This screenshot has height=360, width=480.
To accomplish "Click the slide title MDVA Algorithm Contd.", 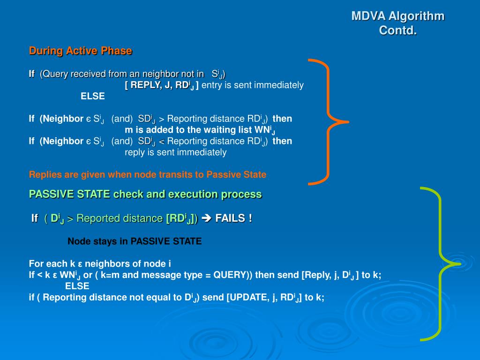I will [397, 23].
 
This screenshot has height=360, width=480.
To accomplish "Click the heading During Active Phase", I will [81, 51].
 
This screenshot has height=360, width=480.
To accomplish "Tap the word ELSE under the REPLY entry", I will [93, 97].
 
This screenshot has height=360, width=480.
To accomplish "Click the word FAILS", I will [233, 218].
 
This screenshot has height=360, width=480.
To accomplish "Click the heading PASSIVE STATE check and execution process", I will [145, 194].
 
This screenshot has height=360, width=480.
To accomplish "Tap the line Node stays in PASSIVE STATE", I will [135, 241].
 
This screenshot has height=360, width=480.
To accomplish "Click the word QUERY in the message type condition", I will [229, 275].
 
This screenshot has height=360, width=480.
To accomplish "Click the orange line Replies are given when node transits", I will [147, 175].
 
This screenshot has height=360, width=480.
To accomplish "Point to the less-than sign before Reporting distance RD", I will [162, 142].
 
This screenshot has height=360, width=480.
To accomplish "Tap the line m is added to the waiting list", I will [200, 130].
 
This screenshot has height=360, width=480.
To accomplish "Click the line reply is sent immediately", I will [175, 152].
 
